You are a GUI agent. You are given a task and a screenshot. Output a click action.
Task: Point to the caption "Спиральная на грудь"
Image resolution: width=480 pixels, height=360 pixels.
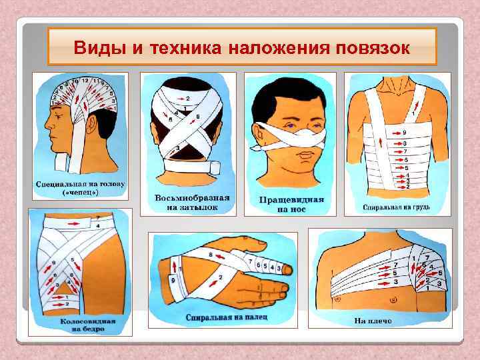[x=397, y=207]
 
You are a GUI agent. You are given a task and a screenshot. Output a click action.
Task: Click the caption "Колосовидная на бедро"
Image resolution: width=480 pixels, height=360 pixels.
[x=80, y=325]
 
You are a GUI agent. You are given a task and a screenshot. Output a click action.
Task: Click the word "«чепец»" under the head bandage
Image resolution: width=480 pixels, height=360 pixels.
[x=78, y=193]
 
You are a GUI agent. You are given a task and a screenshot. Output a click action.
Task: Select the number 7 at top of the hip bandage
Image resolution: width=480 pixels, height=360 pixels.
[x=98, y=217]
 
